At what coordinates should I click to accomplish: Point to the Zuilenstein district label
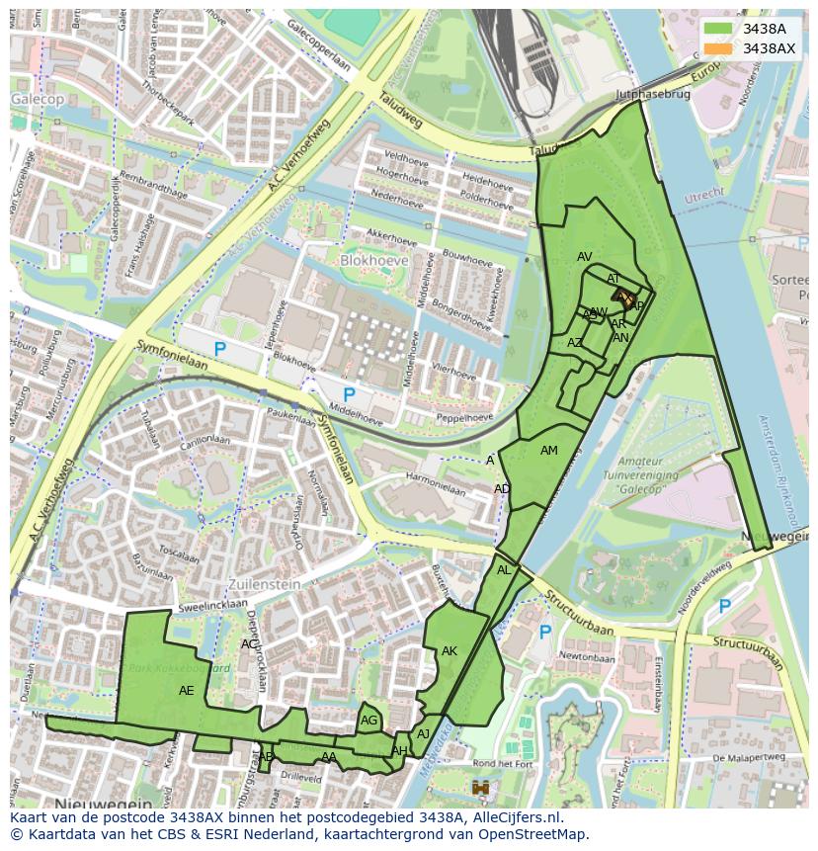264,584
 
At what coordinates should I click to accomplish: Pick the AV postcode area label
585,257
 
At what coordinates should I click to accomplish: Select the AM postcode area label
549,451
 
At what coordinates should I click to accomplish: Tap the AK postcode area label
450,651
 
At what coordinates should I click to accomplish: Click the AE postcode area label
187,691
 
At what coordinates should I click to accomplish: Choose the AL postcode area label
504,570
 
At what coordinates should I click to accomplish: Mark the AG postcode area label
368,721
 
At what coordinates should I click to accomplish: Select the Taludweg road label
400,112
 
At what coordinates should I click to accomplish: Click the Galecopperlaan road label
317,45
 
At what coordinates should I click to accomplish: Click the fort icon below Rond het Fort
481,788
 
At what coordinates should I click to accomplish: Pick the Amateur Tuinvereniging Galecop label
619,475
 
